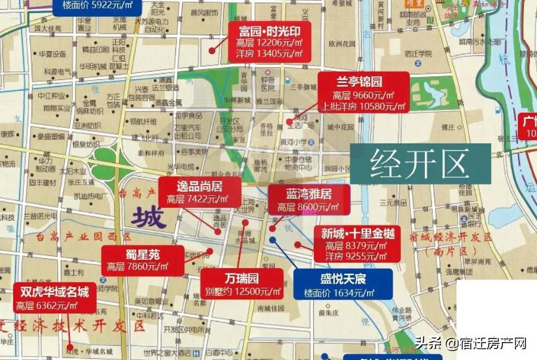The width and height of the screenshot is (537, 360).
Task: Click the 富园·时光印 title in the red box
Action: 270,31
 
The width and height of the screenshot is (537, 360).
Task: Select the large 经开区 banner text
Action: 419,164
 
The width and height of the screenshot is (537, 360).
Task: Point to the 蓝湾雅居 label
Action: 308,193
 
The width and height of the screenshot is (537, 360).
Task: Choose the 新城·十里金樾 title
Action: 357,233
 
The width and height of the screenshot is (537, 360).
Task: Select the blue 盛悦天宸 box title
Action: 343,279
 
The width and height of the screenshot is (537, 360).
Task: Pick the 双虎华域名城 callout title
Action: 54,292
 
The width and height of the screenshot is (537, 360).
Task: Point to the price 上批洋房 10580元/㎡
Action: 363,106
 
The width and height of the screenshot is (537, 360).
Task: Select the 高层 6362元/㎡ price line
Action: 47,306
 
